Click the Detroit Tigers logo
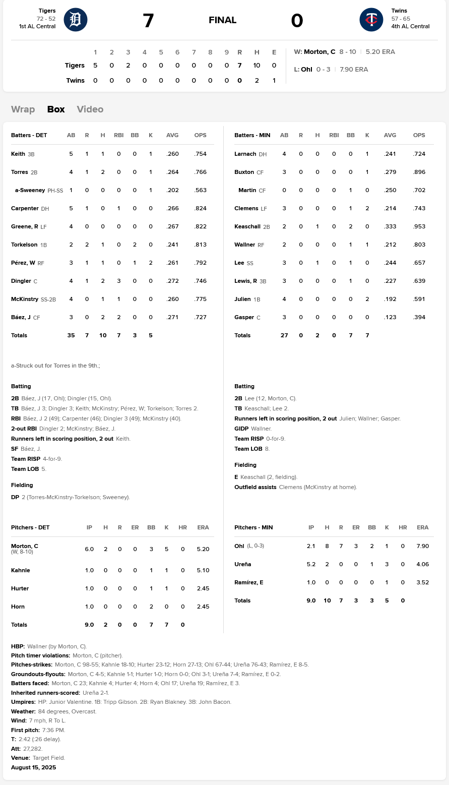click(x=76, y=20)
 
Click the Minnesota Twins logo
click(x=371, y=20)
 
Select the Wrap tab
click(x=23, y=109)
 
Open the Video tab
click(x=90, y=109)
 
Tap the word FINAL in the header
click(x=222, y=20)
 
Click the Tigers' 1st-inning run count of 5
click(x=95, y=65)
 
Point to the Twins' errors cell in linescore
click(x=274, y=80)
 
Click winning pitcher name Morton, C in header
click(x=319, y=52)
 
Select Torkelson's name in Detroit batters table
click(x=24, y=245)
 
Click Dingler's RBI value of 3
click(x=118, y=281)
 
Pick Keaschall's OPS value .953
click(x=419, y=226)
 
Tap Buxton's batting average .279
click(x=390, y=172)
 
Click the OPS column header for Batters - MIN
click(x=419, y=135)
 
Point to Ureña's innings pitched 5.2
click(x=311, y=564)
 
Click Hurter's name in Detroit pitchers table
click(x=20, y=588)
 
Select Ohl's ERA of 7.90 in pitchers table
click(x=422, y=546)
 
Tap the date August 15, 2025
click(x=34, y=767)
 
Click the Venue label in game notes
click(x=21, y=758)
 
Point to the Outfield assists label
click(x=255, y=487)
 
